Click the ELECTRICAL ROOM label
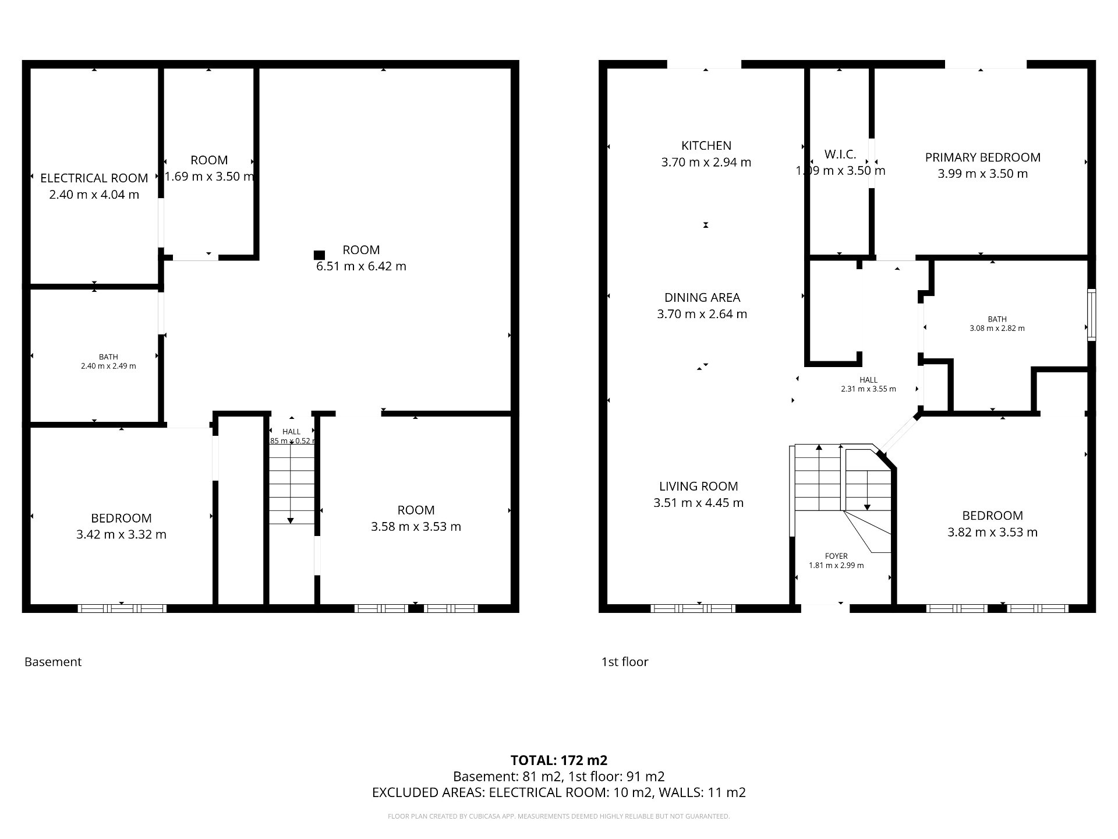(94, 178)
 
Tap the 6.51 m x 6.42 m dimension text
(361, 266)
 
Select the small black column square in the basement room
(319, 255)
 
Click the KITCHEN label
(706, 146)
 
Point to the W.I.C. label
(840, 154)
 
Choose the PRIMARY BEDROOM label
(982, 157)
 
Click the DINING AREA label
(702, 298)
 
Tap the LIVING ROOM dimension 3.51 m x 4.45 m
(698, 503)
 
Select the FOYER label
(836, 556)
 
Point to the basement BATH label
(108, 357)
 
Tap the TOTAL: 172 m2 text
(558, 760)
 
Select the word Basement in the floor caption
(53, 662)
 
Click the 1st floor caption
(624, 662)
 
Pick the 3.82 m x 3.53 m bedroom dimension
(992, 532)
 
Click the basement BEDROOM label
(121, 518)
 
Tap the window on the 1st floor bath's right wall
(1091, 315)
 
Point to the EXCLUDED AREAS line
(558, 792)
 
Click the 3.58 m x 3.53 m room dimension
(416, 527)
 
